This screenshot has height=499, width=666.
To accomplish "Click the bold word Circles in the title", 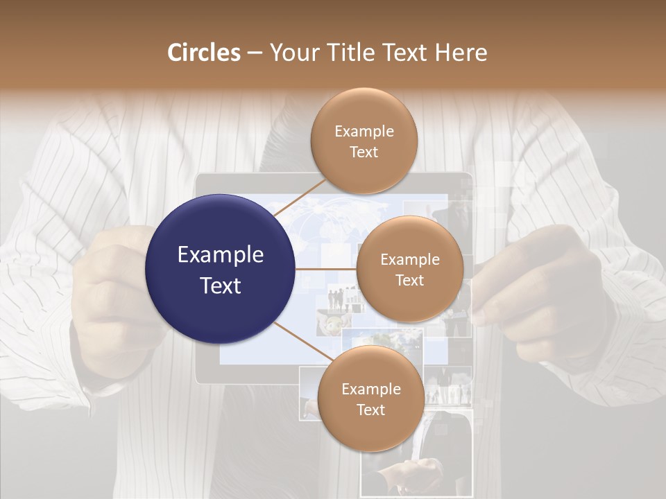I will tap(203, 53).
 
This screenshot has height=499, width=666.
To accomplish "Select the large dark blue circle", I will tap(220, 269).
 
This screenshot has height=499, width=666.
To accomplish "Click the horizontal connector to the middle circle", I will tap(326, 269).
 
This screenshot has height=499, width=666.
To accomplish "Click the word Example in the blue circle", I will tap(220, 255).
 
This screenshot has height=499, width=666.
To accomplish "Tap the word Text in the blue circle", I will tap(220, 286).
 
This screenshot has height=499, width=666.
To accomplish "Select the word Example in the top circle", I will tap(364, 131).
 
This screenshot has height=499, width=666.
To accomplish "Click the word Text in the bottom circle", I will tap(370, 410).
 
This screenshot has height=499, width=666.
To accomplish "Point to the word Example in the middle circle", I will tap(409, 259).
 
